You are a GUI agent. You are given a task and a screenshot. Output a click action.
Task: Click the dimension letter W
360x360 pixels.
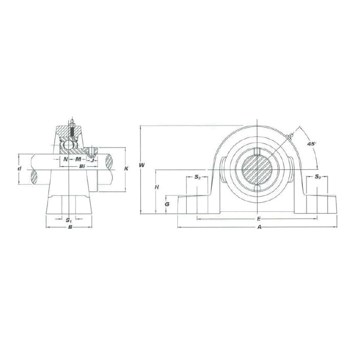(x=142, y=165)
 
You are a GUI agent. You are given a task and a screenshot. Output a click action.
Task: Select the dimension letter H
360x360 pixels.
(x=157, y=187)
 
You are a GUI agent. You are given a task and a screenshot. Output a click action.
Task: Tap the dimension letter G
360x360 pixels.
(x=167, y=204)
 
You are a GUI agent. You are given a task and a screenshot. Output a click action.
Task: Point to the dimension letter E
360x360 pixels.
(x=259, y=219)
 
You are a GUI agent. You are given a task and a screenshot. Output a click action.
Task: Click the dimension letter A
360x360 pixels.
(x=260, y=227)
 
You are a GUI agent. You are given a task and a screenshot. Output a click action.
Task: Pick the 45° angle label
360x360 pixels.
(x=312, y=144)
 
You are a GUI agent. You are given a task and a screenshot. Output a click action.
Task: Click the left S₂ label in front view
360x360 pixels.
(x=197, y=177)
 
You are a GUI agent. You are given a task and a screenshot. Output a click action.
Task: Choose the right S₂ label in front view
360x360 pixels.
(x=317, y=176)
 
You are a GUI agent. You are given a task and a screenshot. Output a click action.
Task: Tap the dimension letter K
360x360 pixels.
(x=127, y=169)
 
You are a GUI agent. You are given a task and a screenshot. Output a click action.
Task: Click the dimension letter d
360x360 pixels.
(x=20, y=169)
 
